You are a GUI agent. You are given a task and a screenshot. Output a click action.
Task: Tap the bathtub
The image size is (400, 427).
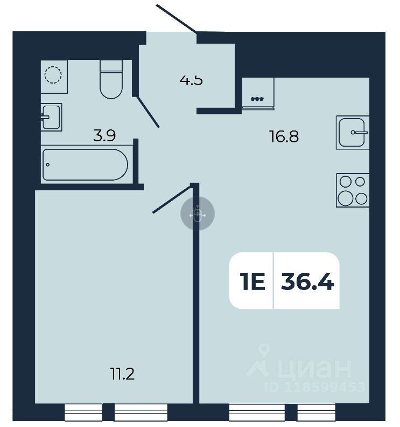point(86,164)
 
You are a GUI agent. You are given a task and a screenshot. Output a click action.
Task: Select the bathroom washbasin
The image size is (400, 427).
point(52,116)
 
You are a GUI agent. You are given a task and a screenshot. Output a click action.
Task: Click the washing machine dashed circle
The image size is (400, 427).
point(54,74)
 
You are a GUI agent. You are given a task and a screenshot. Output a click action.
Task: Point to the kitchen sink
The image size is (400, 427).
point(353,132)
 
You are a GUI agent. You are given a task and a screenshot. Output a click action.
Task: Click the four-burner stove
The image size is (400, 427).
point(353,190)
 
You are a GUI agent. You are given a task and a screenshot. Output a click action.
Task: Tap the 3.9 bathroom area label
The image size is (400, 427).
point(104,136)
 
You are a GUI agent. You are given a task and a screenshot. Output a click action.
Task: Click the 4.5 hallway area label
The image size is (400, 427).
point(191,81)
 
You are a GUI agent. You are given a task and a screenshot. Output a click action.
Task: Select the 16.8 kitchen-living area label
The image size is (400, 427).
point(284,136)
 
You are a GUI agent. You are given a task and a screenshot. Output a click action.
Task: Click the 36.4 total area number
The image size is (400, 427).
point(307,281)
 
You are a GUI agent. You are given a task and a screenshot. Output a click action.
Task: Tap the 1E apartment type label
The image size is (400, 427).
point(252,281)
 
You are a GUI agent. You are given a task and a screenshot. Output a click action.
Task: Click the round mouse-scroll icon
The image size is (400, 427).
point(197,214)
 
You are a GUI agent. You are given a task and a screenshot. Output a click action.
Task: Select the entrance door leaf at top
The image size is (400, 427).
point(177,18)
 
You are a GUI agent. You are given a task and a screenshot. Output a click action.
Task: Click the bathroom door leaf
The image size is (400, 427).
point(148,112)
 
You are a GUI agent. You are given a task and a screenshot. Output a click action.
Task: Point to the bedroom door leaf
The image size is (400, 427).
point(172,198)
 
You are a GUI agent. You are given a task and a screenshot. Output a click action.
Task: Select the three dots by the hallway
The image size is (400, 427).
point(258,99)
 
